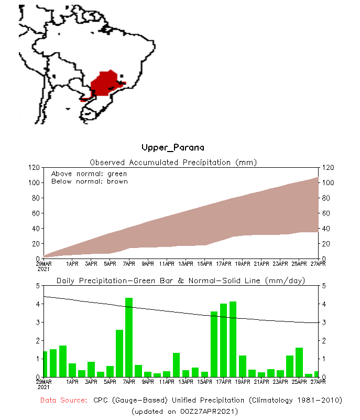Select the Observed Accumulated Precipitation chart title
(173, 162)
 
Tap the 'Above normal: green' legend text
(89, 174)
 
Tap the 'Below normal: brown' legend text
(89, 181)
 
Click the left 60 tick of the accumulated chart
(36, 213)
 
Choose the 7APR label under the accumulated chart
(129, 264)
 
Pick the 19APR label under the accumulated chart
(243, 264)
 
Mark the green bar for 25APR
(299, 362)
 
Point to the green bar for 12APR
(177, 364)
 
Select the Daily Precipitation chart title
(181, 281)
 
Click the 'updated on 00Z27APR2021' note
(184, 411)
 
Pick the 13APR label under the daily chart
(186, 382)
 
